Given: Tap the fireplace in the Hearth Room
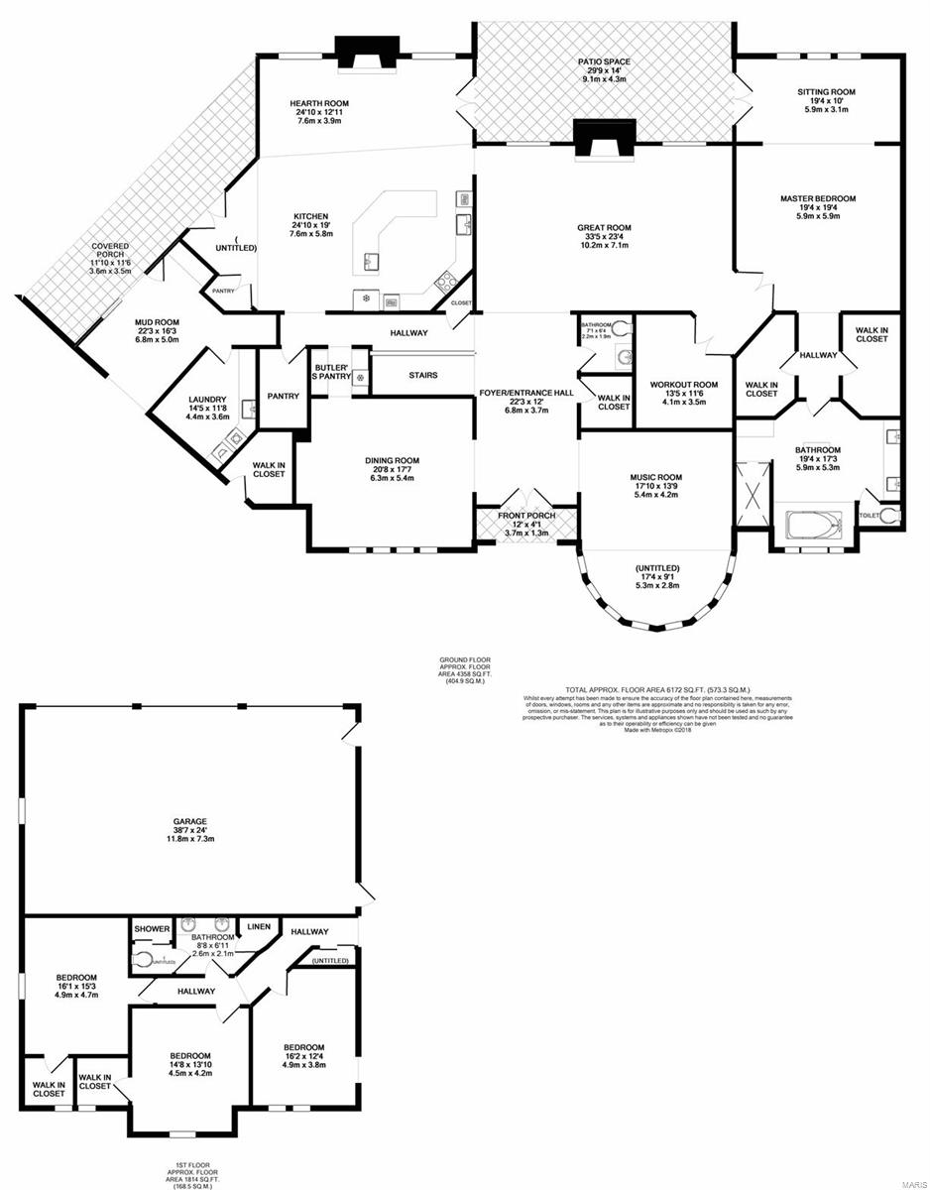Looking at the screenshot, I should coord(367,54).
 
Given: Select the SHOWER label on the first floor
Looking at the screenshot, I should coord(152,929).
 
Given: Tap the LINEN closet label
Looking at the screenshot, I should coord(259,926).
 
